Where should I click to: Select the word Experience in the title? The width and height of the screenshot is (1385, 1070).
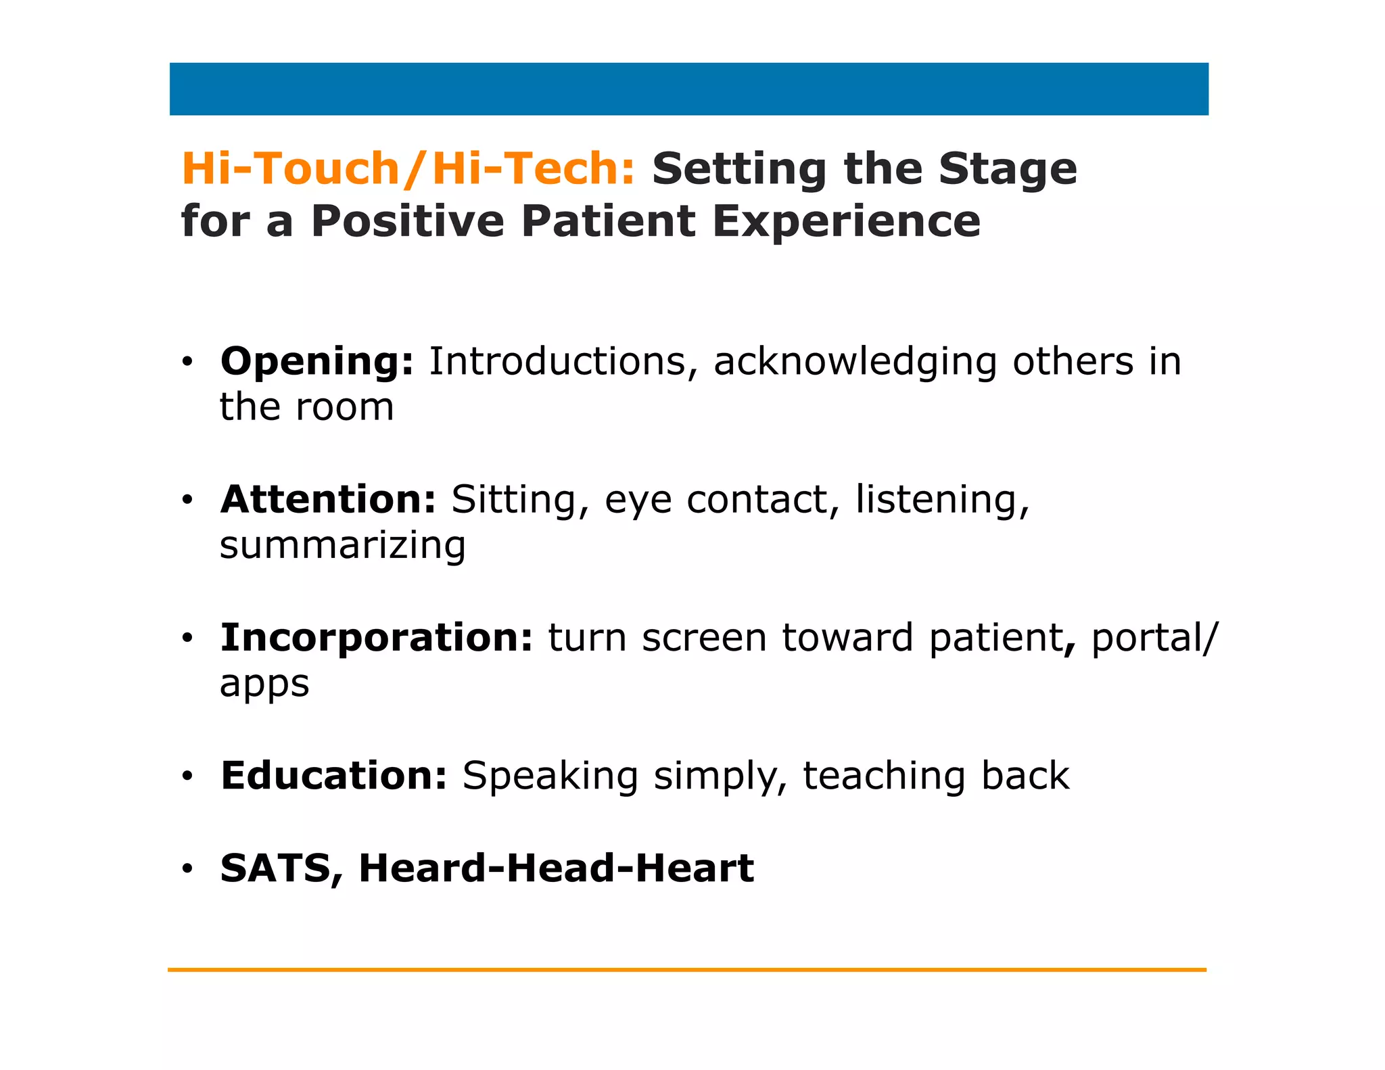[846, 221]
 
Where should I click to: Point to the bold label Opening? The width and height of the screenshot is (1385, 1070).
[316, 361]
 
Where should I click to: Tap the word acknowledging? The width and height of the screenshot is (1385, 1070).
[855, 363]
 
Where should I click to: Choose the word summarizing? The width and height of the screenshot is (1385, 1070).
[343, 546]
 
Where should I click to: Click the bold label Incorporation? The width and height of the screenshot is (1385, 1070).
[377, 638]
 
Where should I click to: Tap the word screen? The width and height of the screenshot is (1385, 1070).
[704, 638]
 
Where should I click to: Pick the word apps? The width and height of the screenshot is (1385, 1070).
[264, 684]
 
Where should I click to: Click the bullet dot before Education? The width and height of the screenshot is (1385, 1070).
[187, 776]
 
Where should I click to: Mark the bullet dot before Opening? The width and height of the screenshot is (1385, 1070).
[187, 362]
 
